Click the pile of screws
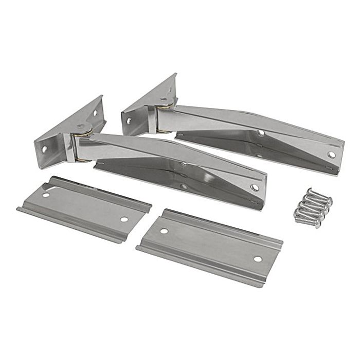(312, 208)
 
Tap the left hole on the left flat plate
(46, 194)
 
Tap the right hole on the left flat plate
(124, 219)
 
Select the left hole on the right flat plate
(164, 231)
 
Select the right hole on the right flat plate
(257, 259)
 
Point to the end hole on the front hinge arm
(255, 188)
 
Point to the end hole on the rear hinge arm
(331, 154)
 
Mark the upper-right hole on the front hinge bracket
(95, 113)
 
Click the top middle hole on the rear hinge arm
(261, 133)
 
